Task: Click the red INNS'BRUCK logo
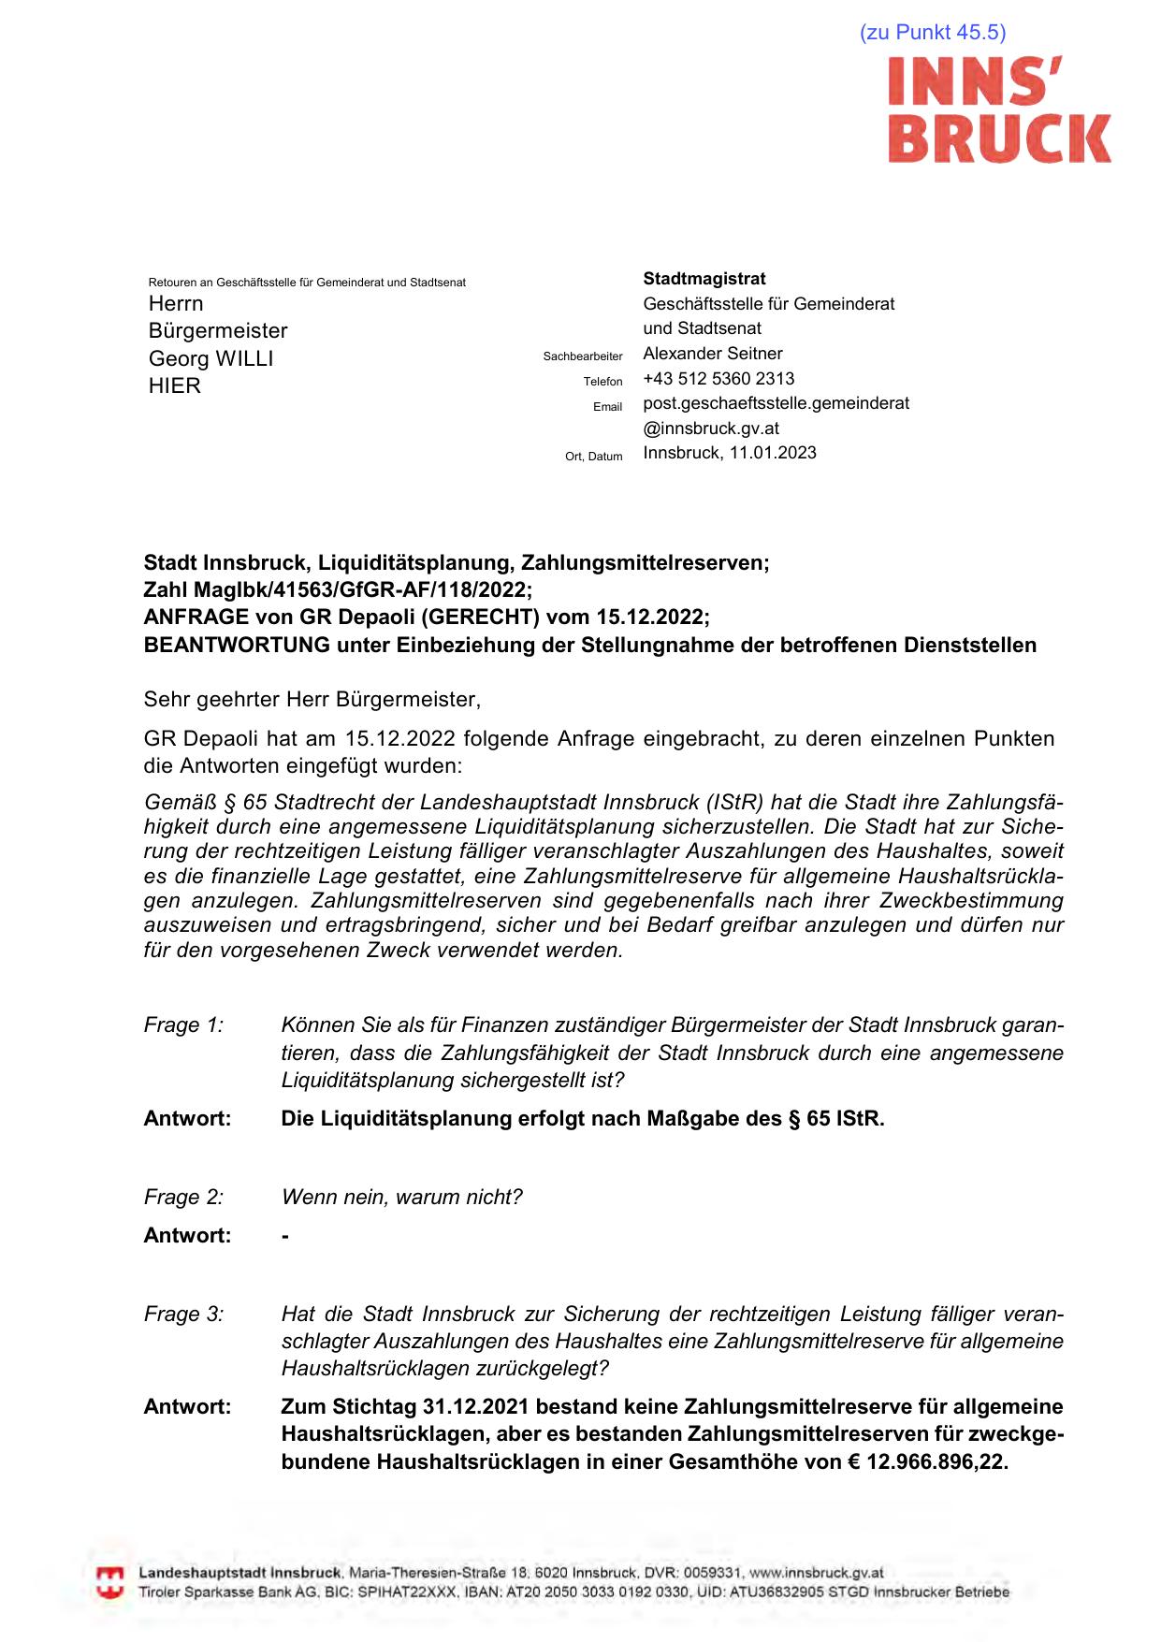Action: pos(998,110)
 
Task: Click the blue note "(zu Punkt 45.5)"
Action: pos(932,33)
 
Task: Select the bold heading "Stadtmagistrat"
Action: pos(704,279)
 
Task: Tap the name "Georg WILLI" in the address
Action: pos(210,358)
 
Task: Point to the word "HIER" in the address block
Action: pos(174,385)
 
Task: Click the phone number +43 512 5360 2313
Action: pos(718,379)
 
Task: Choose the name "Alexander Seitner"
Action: pos(712,354)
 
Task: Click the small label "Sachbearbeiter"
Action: pos(582,356)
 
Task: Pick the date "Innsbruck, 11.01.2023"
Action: pos(729,453)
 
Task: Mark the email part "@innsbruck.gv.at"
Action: pos(710,429)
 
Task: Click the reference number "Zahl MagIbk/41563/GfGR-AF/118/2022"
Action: pos(337,590)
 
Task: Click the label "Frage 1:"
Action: pos(183,1025)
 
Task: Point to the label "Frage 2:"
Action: pos(183,1198)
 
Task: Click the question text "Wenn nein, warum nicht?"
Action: pos(401,1198)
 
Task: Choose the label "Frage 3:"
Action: pos(183,1315)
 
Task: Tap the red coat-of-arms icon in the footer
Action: pos(110,1583)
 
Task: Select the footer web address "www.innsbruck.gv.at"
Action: pos(816,1574)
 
